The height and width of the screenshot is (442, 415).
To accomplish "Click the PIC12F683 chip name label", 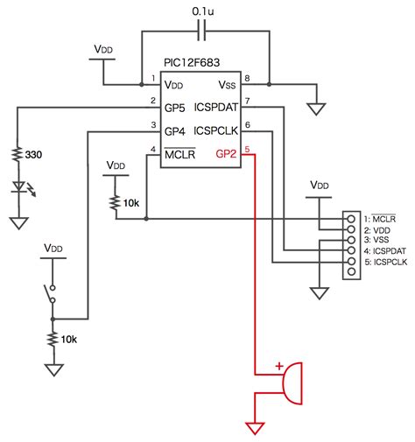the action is [x=192, y=63].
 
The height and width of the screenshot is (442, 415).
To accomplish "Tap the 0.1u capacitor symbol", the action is [x=201, y=31].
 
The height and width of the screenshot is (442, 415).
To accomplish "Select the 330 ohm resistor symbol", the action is [x=18, y=154].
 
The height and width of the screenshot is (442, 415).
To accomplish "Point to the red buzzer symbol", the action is [x=292, y=383].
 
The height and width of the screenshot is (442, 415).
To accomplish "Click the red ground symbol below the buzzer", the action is [x=255, y=428].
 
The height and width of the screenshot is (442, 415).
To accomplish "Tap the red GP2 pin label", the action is [x=226, y=154].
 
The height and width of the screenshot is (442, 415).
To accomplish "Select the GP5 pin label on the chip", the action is [x=174, y=108].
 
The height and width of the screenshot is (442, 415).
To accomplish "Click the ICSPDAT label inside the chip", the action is [x=216, y=108].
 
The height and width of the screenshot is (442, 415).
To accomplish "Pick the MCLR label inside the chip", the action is [x=179, y=154].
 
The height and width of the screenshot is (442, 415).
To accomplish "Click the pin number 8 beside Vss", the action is [x=247, y=78].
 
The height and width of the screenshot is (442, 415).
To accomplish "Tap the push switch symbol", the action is [x=51, y=294].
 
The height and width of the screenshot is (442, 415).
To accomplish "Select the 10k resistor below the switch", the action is [x=53, y=339].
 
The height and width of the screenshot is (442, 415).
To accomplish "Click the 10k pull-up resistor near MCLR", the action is [x=115, y=203].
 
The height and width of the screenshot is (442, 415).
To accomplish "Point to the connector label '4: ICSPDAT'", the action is [x=385, y=251].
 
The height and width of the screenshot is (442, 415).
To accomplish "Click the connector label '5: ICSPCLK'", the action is [x=386, y=262].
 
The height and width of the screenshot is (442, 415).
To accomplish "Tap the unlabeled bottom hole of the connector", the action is [x=352, y=271].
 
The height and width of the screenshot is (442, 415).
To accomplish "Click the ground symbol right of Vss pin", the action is [x=316, y=109].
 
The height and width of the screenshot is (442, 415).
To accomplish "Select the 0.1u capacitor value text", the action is [x=203, y=11].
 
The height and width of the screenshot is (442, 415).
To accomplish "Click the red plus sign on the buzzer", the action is [x=279, y=366].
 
